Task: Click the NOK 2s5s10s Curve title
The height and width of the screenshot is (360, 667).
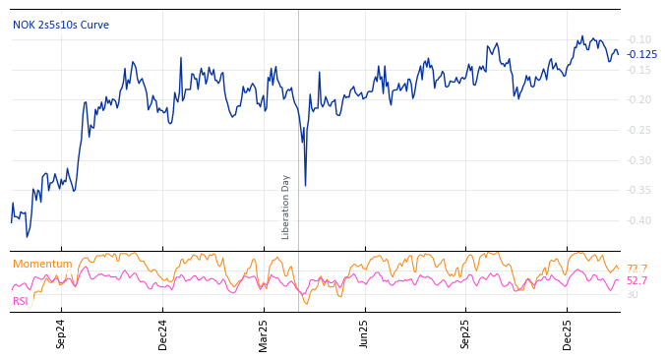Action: click(x=61, y=25)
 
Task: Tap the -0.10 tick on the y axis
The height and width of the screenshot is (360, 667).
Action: click(x=639, y=38)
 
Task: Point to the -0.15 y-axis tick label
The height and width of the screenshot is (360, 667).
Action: click(x=639, y=69)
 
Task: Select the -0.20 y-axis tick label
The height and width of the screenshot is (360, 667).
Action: click(x=639, y=99)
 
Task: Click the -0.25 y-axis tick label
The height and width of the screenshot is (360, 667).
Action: click(x=639, y=130)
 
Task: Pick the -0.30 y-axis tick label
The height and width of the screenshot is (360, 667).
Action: click(x=639, y=160)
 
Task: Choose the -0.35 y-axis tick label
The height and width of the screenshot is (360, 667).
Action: click(x=639, y=190)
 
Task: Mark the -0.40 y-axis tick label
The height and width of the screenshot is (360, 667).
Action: click(x=639, y=220)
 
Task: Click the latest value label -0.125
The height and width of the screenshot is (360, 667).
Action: click(x=642, y=54)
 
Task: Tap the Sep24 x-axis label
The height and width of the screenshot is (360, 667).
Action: click(x=61, y=333)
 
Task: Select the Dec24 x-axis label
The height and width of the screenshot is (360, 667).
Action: click(x=163, y=333)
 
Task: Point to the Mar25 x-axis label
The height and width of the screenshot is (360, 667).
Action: click(x=264, y=333)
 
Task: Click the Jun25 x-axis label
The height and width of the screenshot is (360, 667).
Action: click(x=365, y=333)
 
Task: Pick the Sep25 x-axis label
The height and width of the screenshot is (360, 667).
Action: click(x=466, y=333)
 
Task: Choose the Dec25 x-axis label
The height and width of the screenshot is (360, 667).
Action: click(x=568, y=333)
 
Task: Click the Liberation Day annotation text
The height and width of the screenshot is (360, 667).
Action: click(x=286, y=207)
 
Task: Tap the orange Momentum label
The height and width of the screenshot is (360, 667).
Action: click(x=42, y=264)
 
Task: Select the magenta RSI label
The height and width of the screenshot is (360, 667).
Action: click(x=21, y=301)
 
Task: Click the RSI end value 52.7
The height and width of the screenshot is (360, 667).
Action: click(x=637, y=280)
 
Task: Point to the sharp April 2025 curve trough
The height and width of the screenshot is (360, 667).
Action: click(x=305, y=185)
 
